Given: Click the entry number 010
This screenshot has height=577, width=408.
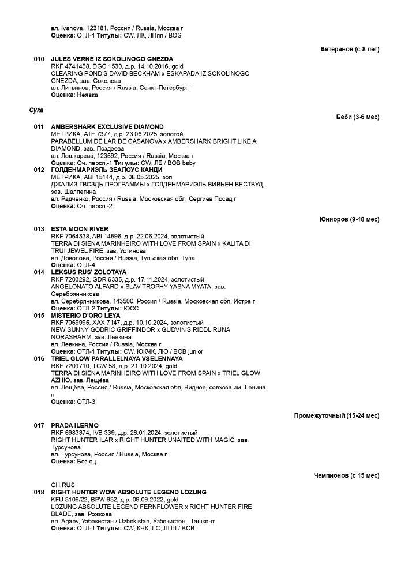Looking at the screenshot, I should tap(39, 59).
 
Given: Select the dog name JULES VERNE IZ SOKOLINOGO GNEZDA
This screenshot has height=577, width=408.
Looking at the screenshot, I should tap(112, 59).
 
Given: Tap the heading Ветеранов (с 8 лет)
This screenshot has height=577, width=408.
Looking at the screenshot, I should tap(350, 49).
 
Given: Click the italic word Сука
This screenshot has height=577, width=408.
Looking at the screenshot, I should tap(36, 110).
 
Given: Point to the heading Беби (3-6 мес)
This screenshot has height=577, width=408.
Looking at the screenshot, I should tap(358, 117).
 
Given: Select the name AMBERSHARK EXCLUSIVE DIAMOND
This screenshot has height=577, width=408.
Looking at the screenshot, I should tap(107, 126).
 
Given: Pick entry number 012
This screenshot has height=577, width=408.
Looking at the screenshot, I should tap(39, 170).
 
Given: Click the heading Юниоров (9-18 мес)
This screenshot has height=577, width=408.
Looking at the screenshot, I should tap(349, 219).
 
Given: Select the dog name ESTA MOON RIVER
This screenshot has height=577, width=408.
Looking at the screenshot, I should tap(80, 229).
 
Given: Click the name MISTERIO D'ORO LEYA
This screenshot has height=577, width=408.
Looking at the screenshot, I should tap(85, 316).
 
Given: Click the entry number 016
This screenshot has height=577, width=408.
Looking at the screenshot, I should tap(39, 358).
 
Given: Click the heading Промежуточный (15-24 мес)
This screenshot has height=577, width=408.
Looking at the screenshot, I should tap(336, 415).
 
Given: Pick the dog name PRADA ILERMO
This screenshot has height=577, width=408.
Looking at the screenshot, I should tap(74, 425).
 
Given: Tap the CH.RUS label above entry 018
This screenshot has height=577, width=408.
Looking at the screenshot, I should tap(63, 485).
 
